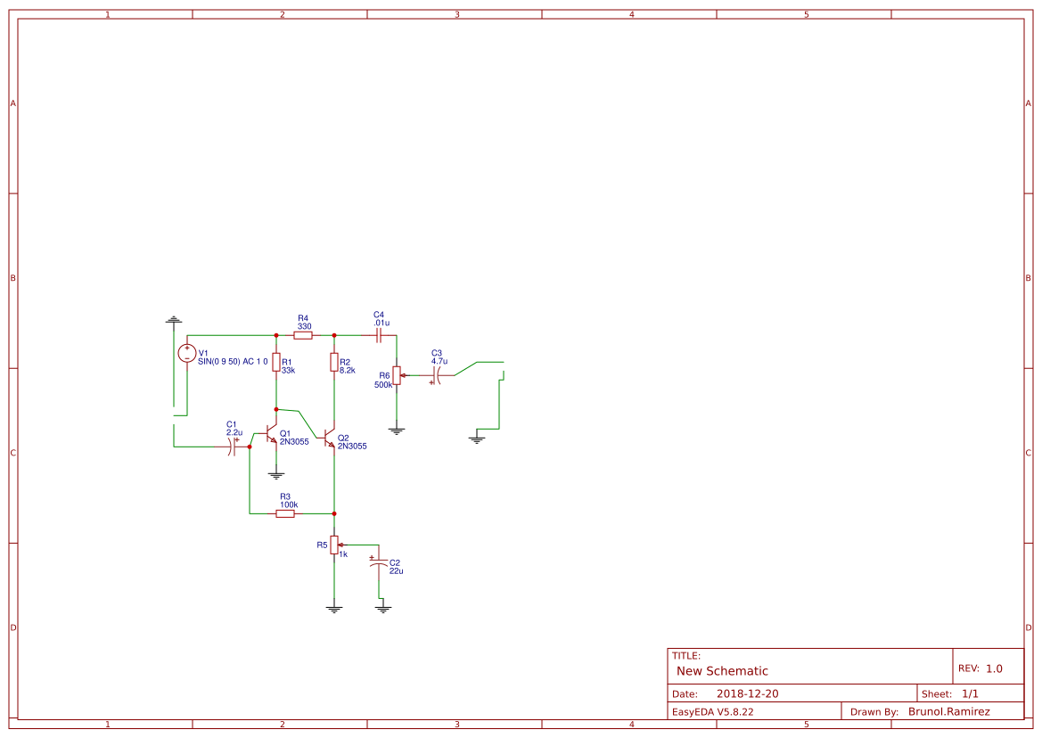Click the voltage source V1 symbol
click(187, 353)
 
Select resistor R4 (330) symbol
click(303, 335)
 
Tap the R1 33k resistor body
click(276, 363)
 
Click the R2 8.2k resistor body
click(334, 362)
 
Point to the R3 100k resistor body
click(286, 513)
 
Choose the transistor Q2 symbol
click(330, 439)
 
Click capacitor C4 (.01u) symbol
click(379, 335)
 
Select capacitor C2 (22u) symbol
click(379, 563)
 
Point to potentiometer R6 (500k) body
click(397, 375)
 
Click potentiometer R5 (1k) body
click(334, 545)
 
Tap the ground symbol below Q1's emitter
click(276, 476)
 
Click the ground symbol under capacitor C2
click(383, 609)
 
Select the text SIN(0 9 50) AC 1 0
click(233, 361)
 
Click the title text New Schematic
click(722, 671)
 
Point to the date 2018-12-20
click(747, 693)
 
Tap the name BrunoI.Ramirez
click(948, 711)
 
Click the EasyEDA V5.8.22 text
click(712, 711)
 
